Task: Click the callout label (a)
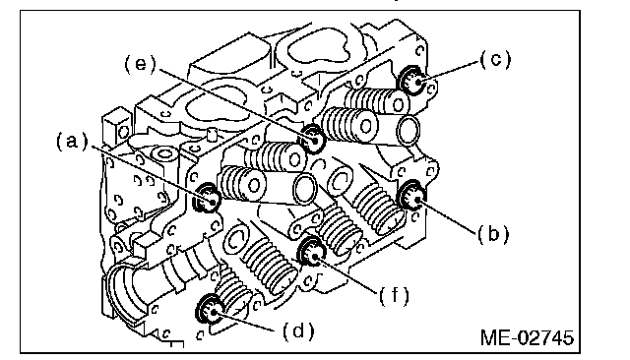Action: tap(72, 142)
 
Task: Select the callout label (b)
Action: tap(493, 234)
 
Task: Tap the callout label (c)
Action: tap(495, 59)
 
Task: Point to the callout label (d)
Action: tap(298, 331)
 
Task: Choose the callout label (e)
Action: tap(140, 64)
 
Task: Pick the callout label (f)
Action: tap(394, 296)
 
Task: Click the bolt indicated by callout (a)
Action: tap(208, 198)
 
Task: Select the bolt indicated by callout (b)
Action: tap(412, 196)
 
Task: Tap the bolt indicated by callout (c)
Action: tap(411, 81)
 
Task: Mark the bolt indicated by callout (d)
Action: tap(210, 309)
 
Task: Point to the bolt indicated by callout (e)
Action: tap(312, 139)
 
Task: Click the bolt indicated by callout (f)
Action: tap(311, 252)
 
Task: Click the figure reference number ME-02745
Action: tap(527, 337)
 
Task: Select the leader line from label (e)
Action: tap(236, 104)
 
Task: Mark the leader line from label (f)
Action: tap(347, 276)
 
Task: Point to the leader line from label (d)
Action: tap(246, 322)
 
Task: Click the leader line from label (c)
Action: tap(449, 72)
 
